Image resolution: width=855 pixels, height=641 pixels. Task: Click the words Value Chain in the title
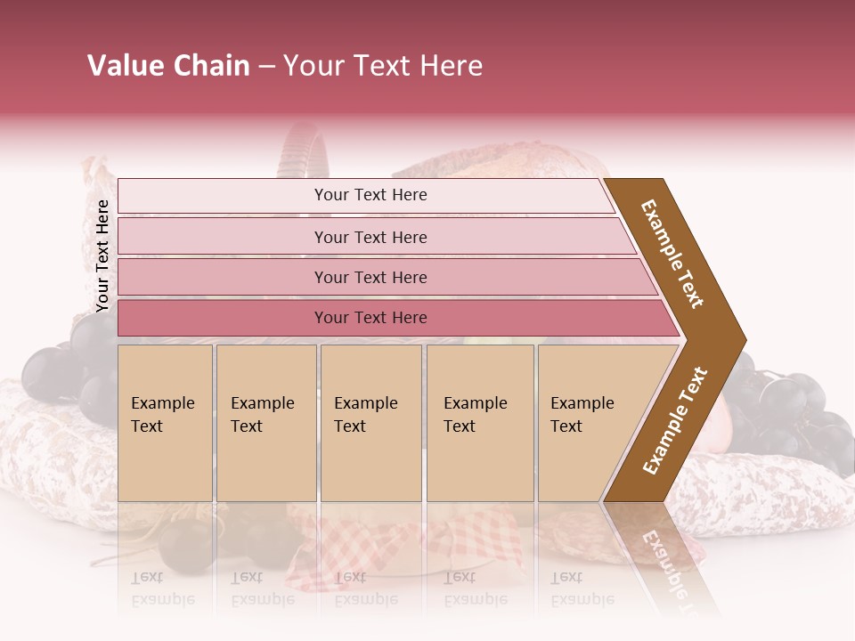click(x=168, y=66)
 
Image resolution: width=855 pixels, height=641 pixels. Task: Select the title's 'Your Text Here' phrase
click(x=383, y=66)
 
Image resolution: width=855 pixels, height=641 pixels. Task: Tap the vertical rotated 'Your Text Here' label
click(x=102, y=256)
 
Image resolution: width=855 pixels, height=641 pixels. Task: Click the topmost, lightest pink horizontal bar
click(x=365, y=196)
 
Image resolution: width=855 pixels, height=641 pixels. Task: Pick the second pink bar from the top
click(x=374, y=237)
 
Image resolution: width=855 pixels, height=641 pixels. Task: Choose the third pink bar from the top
click(x=383, y=277)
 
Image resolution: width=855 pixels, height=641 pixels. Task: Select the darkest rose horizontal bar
click(x=392, y=318)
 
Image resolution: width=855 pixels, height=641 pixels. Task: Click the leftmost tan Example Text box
click(x=165, y=423)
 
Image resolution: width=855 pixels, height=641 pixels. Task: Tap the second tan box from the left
click(x=265, y=423)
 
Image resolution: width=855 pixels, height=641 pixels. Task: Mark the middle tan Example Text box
click(x=370, y=423)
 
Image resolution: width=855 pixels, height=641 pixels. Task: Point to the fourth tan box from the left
click(x=479, y=423)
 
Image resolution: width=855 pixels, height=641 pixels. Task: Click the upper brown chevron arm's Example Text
click(x=672, y=254)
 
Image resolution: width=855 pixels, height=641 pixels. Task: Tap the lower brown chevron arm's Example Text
click(x=675, y=420)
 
